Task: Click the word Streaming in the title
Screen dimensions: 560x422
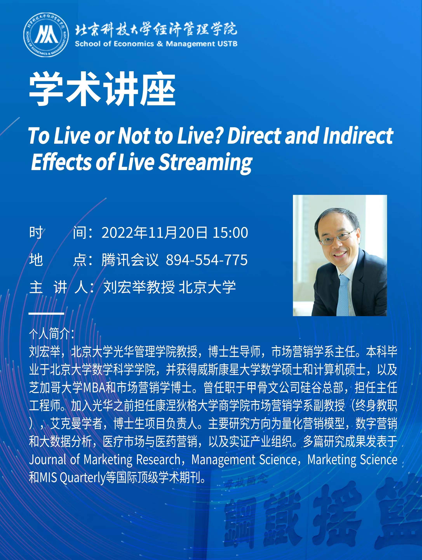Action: point(205,162)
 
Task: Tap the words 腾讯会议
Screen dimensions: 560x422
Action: point(130,260)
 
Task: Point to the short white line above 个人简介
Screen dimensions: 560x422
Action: point(46,314)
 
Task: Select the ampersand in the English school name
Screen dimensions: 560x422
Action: point(160,44)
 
